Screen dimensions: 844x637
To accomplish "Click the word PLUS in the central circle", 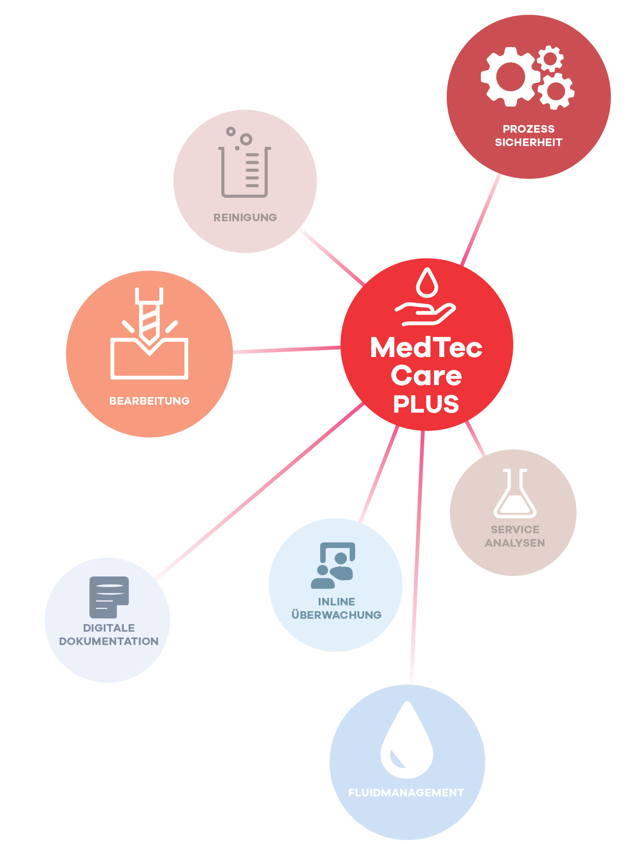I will [426, 404].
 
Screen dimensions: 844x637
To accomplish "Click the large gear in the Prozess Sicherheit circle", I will [511, 77].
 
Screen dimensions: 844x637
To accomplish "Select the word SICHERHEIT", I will [528, 142].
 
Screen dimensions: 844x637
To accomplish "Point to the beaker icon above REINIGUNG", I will [245, 165].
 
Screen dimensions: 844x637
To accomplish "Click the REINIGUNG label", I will [245, 218].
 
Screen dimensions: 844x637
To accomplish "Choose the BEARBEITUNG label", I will [150, 401].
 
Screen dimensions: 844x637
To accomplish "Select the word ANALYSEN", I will [515, 543].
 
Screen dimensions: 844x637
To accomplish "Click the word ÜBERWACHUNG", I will [336, 615].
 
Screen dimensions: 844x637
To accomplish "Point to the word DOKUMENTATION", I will [109, 641].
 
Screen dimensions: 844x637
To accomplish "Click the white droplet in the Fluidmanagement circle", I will [406, 741].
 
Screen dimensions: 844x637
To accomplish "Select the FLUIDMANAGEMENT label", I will [406, 793].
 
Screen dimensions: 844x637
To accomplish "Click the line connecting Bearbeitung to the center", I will [287, 350].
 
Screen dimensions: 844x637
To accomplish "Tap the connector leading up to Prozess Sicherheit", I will [481, 220].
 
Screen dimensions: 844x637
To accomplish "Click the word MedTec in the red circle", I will [426, 348].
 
